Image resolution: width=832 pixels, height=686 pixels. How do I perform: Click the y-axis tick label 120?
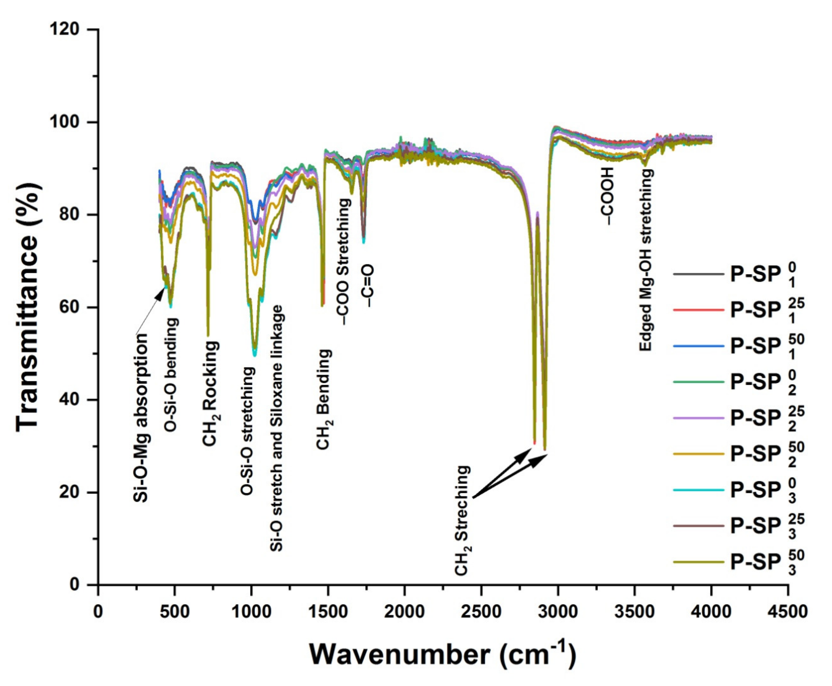[65, 30]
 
